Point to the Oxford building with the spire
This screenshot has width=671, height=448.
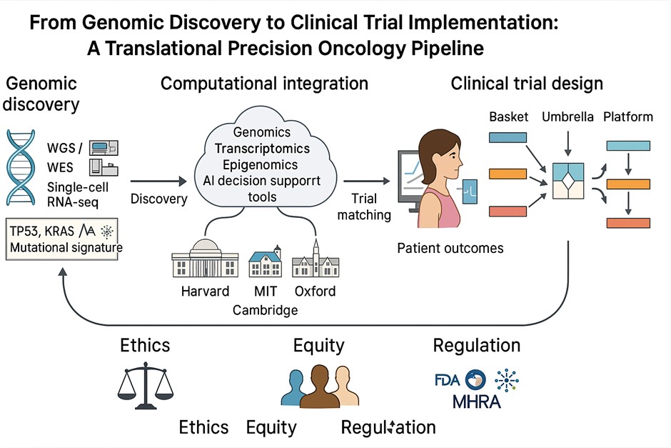coord(315,259)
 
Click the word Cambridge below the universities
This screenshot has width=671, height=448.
coord(265,310)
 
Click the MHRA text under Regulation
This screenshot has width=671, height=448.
coord(477,401)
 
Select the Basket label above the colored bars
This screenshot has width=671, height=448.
coord(508,116)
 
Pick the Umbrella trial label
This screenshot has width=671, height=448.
coord(567,116)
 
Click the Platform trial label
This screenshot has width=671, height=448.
coord(628,116)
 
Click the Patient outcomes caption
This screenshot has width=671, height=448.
coord(450,249)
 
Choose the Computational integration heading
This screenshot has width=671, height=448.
coord(264,84)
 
